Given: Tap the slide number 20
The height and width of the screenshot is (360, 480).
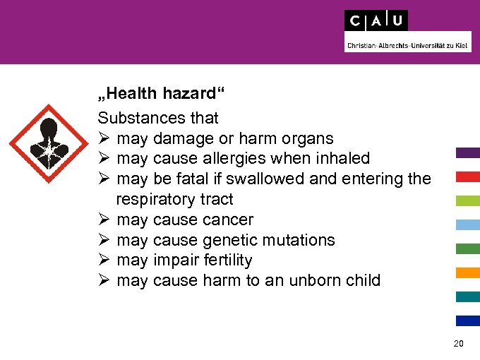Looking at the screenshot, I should (x=458, y=344).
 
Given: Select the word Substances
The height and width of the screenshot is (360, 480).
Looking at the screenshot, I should (x=138, y=118).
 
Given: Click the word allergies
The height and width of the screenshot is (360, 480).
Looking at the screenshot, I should (x=240, y=159).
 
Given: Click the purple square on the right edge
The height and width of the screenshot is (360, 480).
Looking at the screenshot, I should (x=468, y=152).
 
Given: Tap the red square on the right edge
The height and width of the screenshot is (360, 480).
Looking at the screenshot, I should (x=468, y=176).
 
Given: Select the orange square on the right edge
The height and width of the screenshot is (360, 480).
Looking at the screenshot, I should (x=468, y=272).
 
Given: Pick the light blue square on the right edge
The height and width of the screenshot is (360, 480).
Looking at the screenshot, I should (x=468, y=224).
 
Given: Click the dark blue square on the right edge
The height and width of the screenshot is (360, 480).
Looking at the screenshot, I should (x=468, y=320).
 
